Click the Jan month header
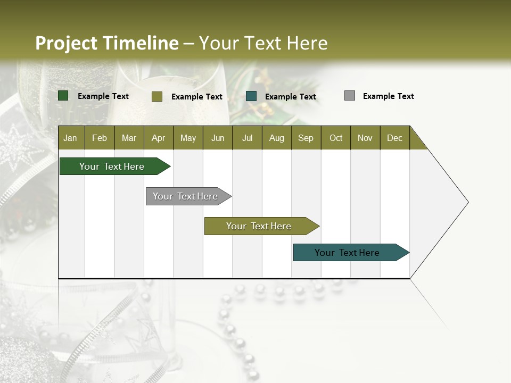[x=71, y=138]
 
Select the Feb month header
[x=100, y=138]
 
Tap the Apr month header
[x=159, y=138]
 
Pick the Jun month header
[x=218, y=138]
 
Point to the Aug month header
[x=277, y=138]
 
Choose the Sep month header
[x=306, y=138]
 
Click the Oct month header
[x=336, y=138]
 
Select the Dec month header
[x=395, y=138]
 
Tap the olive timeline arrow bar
[x=259, y=226]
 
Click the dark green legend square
[x=63, y=96]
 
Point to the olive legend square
[x=157, y=96]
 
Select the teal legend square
[x=251, y=96]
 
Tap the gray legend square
[x=350, y=96]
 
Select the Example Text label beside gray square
[x=388, y=96]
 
